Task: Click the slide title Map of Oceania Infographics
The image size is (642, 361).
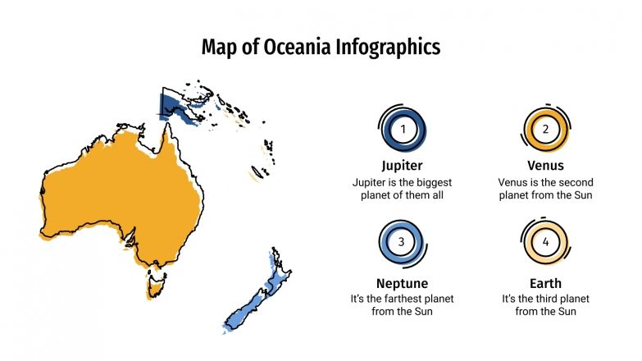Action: click(321, 48)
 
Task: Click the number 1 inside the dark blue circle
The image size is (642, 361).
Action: click(402, 129)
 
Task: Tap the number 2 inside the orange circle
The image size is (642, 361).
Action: click(545, 129)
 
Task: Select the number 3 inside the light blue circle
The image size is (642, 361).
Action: click(402, 242)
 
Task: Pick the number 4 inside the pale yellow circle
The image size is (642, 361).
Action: click(545, 242)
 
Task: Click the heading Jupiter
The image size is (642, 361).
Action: click(402, 166)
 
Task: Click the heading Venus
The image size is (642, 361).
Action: click(545, 166)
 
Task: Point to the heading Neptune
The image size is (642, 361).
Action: click(402, 284)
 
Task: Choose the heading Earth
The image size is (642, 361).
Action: click(545, 284)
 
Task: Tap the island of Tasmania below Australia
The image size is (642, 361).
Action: click(153, 285)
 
